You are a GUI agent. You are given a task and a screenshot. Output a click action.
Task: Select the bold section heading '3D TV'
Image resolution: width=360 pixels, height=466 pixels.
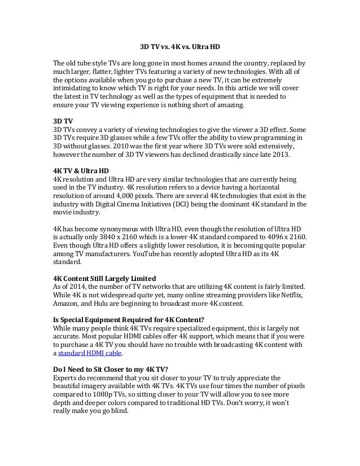[x=62, y=120]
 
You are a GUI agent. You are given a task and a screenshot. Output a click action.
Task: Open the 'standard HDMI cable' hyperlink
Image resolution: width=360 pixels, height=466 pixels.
[x=90, y=354]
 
